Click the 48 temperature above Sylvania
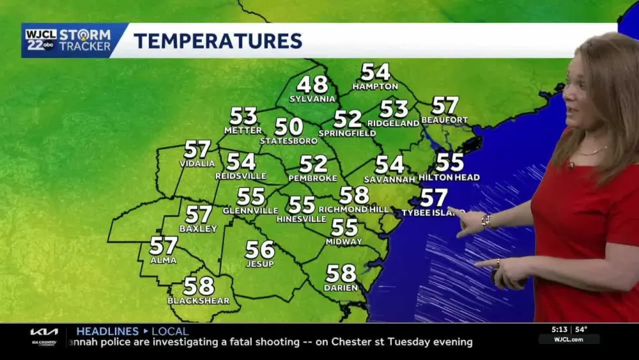[x=312, y=84]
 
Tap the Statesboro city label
[x=288, y=141]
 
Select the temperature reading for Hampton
[x=375, y=72]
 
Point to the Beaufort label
[x=445, y=120]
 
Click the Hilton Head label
[x=449, y=177]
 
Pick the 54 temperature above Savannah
[x=390, y=165]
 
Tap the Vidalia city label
[x=197, y=164]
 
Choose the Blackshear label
[x=198, y=301]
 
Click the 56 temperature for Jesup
[x=259, y=249]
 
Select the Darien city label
[x=341, y=288]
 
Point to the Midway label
[x=344, y=242]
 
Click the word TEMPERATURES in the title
[x=218, y=41]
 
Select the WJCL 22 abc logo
[x=41, y=40]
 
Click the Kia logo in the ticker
[x=43, y=332]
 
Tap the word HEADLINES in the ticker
[x=107, y=331]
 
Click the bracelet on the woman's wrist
[x=487, y=221]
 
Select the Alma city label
[x=164, y=259]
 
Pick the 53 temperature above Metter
[x=243, y=116]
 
